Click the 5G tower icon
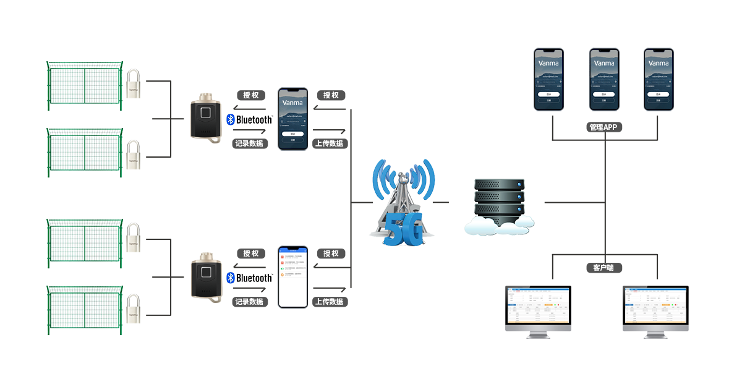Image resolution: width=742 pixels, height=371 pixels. click(x=402, y=202)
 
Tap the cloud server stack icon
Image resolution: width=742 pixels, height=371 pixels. click(x=500, y=206)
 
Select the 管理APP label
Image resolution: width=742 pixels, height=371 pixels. click(x=603, y=127)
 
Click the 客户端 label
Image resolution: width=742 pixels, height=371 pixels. click(x=603, y=268)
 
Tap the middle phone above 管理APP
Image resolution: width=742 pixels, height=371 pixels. click(x=604, y=79)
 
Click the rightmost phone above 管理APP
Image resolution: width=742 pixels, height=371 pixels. click(x=659, y=79)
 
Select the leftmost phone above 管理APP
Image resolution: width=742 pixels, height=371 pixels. click(x=550, y=79)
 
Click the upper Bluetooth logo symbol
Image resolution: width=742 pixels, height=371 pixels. click(x=231, y=119)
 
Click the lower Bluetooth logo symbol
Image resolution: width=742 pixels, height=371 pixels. click(x=231, y=278)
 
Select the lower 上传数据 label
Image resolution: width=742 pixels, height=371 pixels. click(x=330, y=302)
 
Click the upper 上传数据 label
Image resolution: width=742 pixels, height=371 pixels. click(x=330, y=143)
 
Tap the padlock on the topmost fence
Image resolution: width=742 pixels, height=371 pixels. click(x=133, y=83)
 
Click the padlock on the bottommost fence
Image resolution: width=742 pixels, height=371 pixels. click(x=133, y=307)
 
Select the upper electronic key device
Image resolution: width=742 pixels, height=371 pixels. click(x=206, y=117)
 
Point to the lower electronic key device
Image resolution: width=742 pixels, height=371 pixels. click(x=206, y=276)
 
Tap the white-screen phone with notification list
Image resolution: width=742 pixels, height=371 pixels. click(x=292, y=276)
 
